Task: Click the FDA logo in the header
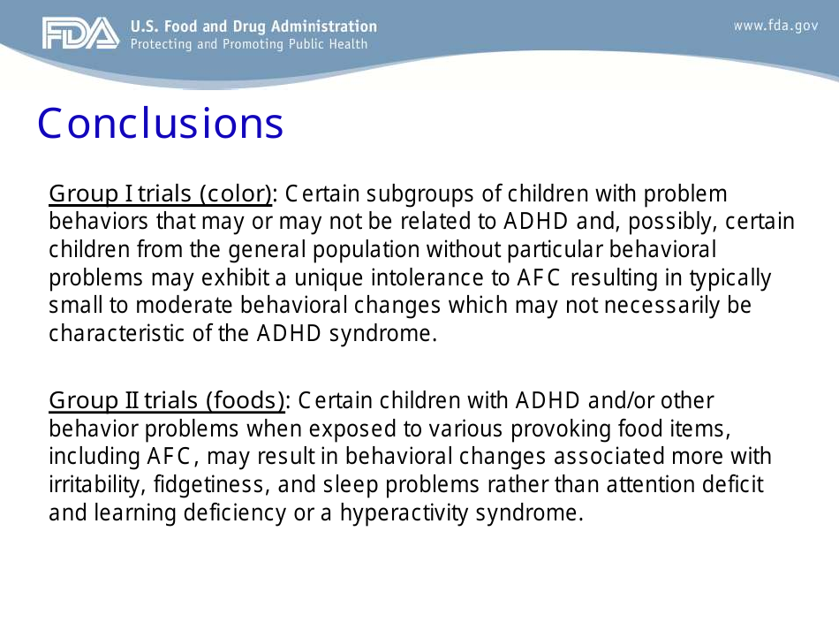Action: point(79,34)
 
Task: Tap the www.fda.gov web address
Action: point(775,26)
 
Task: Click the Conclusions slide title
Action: point(160,125)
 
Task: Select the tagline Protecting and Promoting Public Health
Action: point(248,44)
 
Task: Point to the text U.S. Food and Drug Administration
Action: point(253,27)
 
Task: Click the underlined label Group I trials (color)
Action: point(160,194)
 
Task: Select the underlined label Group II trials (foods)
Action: point(167,401)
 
